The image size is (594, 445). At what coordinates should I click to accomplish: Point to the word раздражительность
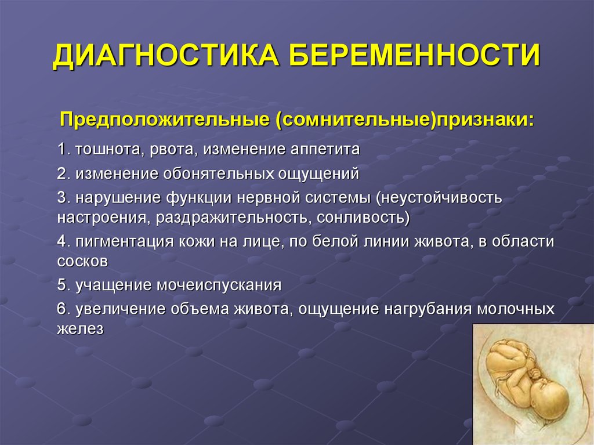234,218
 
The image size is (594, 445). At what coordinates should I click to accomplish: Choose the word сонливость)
363,218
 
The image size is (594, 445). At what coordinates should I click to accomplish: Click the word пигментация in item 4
124,241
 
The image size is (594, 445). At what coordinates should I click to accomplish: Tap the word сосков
82,261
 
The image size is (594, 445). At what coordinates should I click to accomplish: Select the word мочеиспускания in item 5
219,285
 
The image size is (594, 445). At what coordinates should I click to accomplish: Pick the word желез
80,328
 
